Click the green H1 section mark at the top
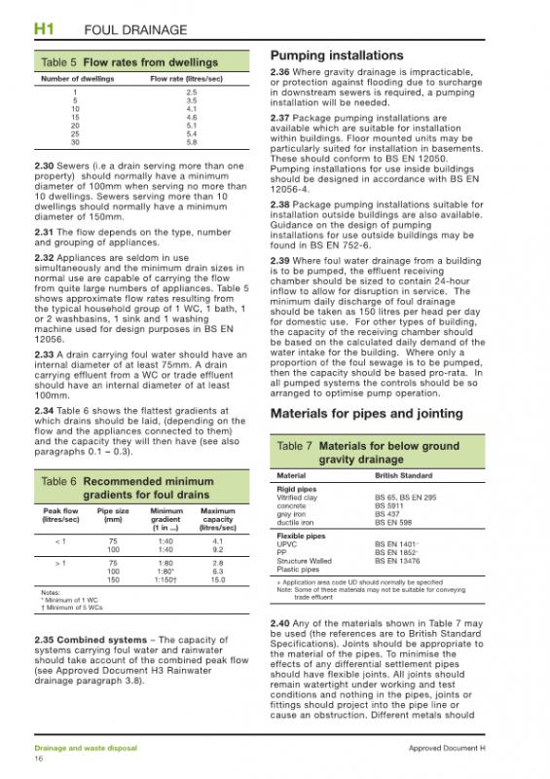43,30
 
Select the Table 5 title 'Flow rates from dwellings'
145,62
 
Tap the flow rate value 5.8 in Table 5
191,143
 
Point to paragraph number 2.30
45,166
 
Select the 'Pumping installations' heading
336,56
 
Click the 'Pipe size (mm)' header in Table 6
113,515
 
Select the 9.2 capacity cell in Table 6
218,549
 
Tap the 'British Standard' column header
405,475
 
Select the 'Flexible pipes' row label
301,536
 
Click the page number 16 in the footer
39,758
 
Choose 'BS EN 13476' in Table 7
399,561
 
